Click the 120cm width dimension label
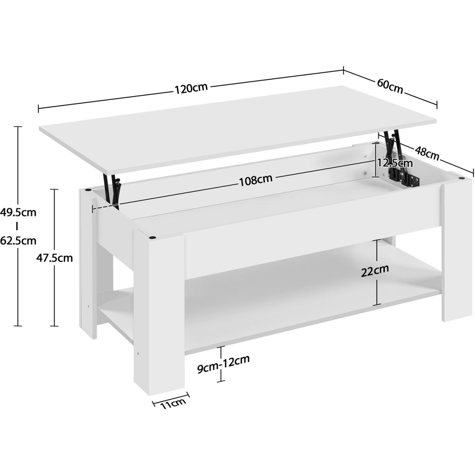point(191,89)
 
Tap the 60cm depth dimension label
point(390,87)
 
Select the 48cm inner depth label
point(427,154)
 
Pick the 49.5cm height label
point(18,213)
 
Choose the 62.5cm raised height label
point(18,240)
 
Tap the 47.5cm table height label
point(55,258)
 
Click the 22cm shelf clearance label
point(375,271)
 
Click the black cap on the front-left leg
point(153,237)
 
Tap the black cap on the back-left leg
point(87,190)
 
